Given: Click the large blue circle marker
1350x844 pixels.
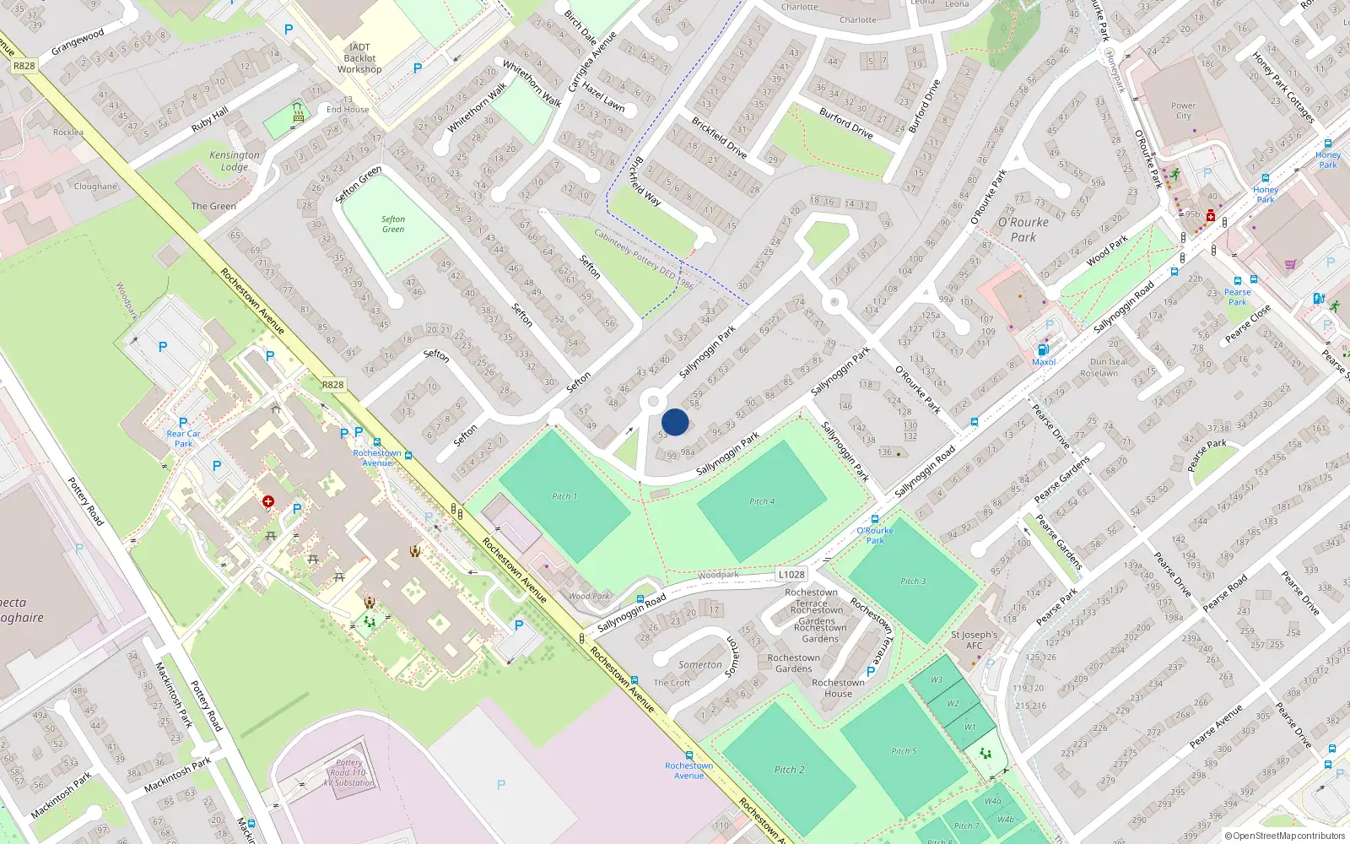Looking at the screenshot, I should click(675, 422).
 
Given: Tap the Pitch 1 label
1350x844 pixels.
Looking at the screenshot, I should click(564, 496).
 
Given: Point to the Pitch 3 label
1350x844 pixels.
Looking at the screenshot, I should click(912, 581).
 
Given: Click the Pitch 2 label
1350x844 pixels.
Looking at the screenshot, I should click(789, 770).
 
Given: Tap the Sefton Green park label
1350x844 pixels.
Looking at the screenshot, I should click(393, 224).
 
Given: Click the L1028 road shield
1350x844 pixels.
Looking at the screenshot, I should click(791, 574).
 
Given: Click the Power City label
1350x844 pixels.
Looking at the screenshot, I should click(1183, 111).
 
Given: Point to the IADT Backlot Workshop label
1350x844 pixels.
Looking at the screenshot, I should click(359, 58).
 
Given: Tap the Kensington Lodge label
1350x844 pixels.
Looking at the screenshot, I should click(235, 160).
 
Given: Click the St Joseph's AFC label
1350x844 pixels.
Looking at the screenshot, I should click(974, 640).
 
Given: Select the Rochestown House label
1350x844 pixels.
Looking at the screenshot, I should click(838, 688).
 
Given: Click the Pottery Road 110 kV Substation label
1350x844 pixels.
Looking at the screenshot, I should click(349, 772).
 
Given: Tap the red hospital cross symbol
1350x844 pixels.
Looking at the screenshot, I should click(268, 501).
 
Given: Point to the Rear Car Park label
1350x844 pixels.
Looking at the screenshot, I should click(183, 438).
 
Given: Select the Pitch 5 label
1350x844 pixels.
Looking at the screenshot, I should click(903, 750).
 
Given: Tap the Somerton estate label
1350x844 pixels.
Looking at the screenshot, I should click(699, 664).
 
